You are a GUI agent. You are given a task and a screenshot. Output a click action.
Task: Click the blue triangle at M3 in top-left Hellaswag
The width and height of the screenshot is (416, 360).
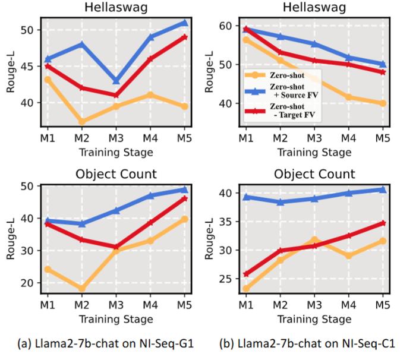tap(116, 80)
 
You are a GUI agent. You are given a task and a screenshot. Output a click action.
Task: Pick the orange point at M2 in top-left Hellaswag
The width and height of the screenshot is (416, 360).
tap(82, 121)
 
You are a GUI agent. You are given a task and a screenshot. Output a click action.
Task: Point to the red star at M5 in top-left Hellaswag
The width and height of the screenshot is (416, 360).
tap(184, 37)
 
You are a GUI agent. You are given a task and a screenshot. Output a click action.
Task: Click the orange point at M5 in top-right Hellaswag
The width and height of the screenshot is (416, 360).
tap(383, 103)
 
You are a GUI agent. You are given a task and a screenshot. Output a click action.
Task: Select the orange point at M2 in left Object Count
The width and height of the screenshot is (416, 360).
tap(82, 289)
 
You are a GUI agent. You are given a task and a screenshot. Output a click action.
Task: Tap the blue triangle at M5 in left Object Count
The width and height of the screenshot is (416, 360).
tap(184, 190)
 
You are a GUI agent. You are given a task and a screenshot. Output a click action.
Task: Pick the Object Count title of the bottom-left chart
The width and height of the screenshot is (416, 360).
tap(116, 175)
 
